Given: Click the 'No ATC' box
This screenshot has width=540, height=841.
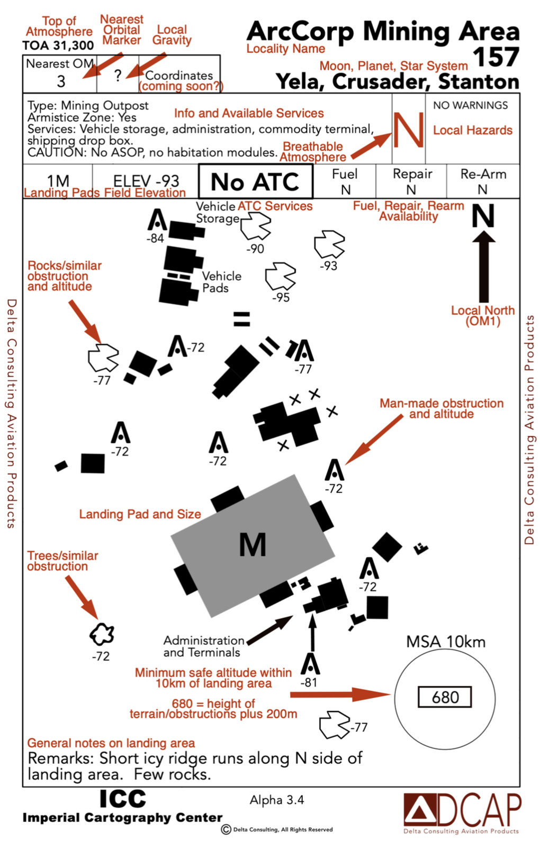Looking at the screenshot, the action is (x=256, y=181).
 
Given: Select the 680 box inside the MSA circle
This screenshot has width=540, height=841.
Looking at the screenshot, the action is (x=445, y=697).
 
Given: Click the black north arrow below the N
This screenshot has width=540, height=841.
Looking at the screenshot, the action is (x=484, y=266).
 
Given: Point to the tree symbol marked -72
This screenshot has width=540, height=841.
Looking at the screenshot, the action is (x=102, y=634).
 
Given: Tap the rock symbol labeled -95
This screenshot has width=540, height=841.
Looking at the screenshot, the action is (x=281, y=276).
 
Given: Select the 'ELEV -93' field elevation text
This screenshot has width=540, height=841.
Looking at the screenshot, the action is (x=146, y=181).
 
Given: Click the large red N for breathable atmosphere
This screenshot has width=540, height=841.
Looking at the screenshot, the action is (x=409, y=130).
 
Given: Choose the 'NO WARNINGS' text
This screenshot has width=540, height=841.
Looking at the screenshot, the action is (x=471, y=105).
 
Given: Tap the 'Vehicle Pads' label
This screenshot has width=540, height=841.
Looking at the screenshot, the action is (x=221, y=282).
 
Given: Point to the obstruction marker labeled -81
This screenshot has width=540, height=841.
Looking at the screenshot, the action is (x=310, y=663).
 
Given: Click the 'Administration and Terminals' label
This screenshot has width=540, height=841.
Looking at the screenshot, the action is (x=204, y=646).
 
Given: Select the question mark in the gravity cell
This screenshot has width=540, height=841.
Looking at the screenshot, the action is (x=118, y=76).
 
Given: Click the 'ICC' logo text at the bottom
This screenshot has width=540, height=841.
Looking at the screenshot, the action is (x=123, y=799).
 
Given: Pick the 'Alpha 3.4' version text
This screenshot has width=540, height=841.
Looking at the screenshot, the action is (x=277, y=800).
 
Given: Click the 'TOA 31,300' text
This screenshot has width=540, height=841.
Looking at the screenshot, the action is (x=58, y=45).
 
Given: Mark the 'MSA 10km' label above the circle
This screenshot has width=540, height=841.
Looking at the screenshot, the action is (x=446, y=642).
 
